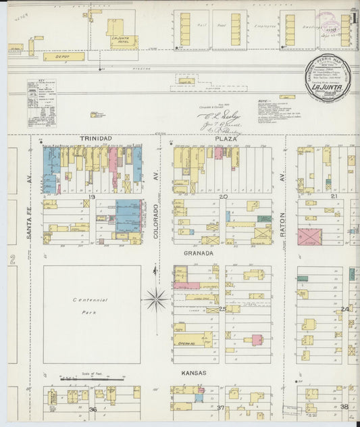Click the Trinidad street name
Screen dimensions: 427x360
95,138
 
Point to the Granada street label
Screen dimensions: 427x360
199,253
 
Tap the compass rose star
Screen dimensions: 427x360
156,298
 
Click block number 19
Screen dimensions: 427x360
90,197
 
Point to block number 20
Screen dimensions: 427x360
224,197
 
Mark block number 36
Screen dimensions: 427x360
93,409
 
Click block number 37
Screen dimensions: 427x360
220,407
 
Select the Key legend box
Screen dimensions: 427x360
42,103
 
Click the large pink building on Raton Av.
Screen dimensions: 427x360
309,237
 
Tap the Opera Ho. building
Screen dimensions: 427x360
186,341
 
